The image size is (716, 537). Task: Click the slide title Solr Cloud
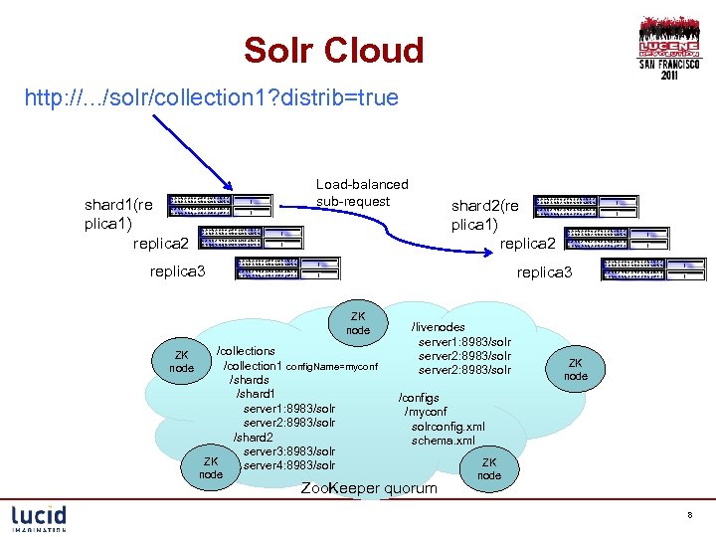click(x=334, y=50)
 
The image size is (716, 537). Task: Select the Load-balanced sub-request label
click(x=362, y=193)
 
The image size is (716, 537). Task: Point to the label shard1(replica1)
click(x=119, y=214)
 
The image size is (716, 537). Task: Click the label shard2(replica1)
click(x=485, y=214)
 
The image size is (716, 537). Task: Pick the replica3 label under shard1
click(x=176, y=270)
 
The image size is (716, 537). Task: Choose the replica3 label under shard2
click(x=544, y=270)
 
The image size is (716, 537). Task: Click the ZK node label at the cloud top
click(x=358, y=323)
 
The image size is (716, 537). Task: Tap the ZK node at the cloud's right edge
click(x=576, y=370)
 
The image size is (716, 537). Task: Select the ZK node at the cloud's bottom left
click(x=211, y=468)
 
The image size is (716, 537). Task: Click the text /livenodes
click(x=438, y=326)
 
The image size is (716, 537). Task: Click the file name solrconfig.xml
click(x=448, y=427)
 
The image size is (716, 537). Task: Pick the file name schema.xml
click(x=444, y=441)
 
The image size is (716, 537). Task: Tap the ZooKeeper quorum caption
click(x=368, y=488)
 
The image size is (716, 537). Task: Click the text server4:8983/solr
click(x=289, y=465)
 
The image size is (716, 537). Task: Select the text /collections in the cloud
click(x=246, y=351)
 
